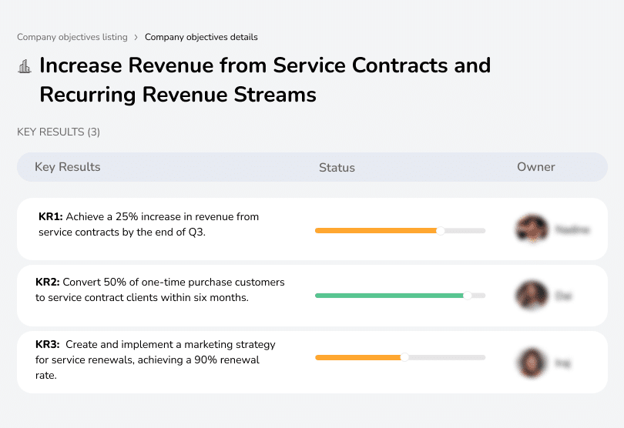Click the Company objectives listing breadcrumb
[x=72, y=37]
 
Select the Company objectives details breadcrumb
[x=201, y=37]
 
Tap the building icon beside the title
[x=25, y=66]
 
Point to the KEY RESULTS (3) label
[x=59, y=132]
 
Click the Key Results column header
[x=68, y=167]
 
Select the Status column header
[x=337, y=167]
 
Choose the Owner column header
[x=536, y=167]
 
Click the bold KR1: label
[x=50, y=217]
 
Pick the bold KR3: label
[x=50, y=345]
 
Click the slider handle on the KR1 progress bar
[x=441, y=230]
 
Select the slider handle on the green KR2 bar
[x=467, y=295]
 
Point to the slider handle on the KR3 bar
[x=404, y=357]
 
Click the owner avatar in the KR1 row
[x=532, y=229]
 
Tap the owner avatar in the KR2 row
[x=532, y=295]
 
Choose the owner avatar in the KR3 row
[x=532, y=362]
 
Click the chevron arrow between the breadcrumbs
[x=136, y=37]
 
